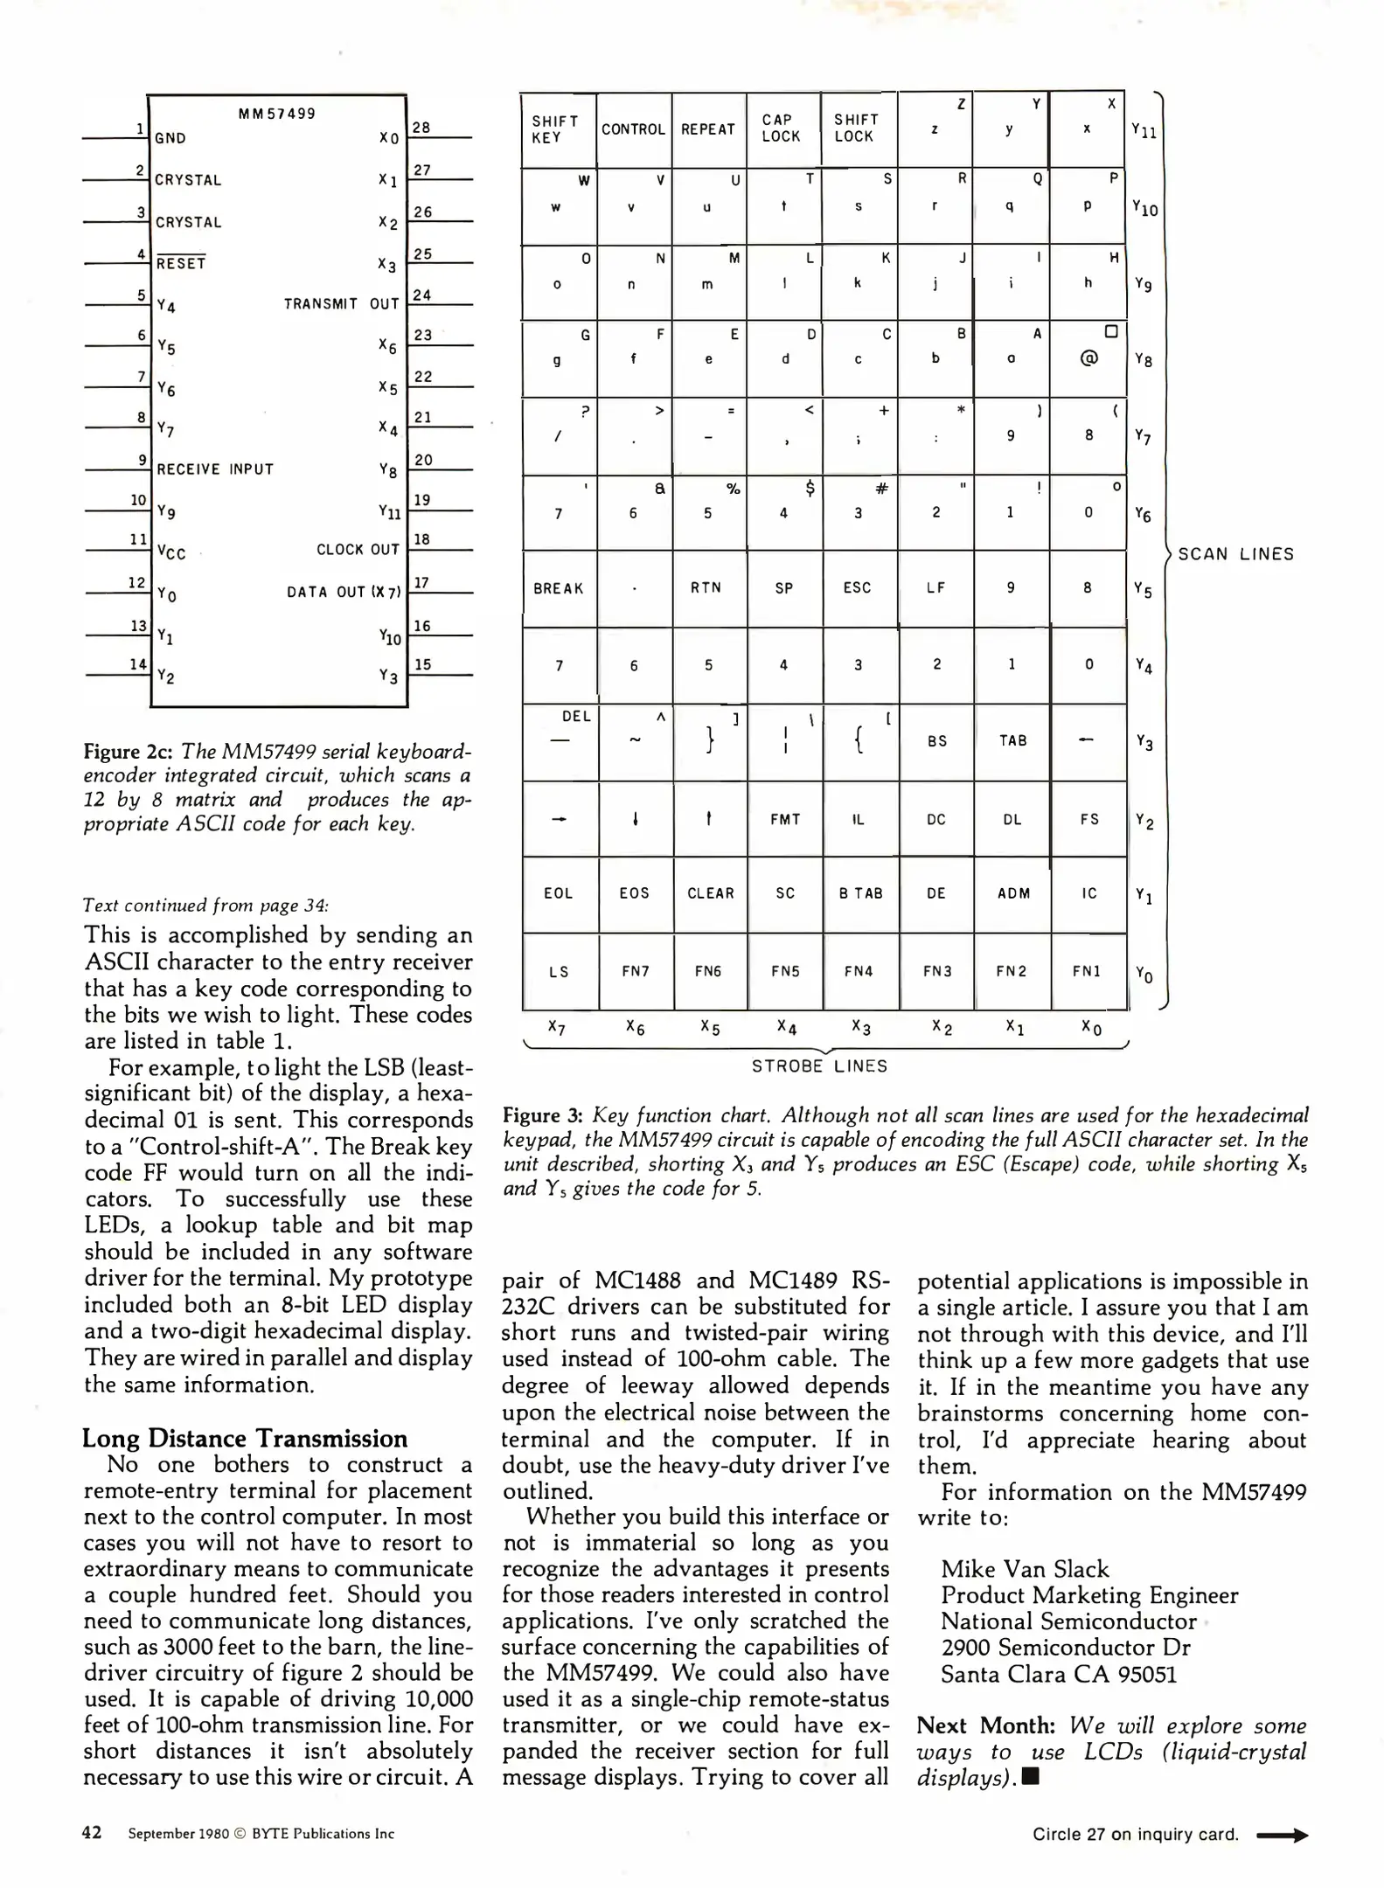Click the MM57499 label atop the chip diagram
click(276, 114)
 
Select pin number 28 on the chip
click(421, 128)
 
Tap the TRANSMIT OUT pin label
click(341, 304)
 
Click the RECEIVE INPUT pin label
click(215, 469)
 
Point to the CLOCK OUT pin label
click(358, 550)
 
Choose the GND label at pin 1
click(170, 138)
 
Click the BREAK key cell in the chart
click(558, 588)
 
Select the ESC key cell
click(857, 588)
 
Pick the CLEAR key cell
click(710, 893)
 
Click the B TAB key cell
click(860, 893)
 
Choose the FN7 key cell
click(635, 971)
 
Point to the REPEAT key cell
click(707, 129)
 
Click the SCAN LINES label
click(1235, 554)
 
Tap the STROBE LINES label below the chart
click(819, 1066)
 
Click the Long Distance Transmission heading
click(245, 1438)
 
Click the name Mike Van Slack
click(1024, 1569)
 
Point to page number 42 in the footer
click(92, 1833)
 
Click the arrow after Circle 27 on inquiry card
click(1281, 1836)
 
